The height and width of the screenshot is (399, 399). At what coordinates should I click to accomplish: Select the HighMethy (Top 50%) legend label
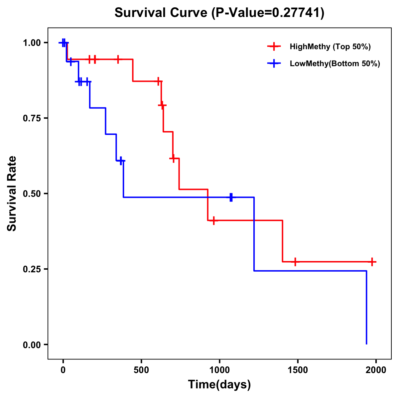[330, 47]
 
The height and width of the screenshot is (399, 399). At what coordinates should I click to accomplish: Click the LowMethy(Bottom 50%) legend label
[334, 64]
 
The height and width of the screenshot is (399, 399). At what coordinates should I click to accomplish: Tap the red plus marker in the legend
[274, 47]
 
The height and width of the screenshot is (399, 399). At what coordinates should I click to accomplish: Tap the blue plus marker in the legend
[274, 64]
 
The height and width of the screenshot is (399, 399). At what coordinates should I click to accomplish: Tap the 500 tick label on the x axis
[141, 370]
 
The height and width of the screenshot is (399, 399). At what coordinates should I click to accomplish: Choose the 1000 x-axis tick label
[219, 370]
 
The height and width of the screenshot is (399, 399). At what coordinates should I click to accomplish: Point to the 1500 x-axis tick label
[298, 370]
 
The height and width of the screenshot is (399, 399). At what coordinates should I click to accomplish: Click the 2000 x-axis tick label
[376, 370]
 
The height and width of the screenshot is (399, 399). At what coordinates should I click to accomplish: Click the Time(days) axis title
[219, 385]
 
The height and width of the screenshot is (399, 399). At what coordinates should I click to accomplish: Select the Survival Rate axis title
[12, 194]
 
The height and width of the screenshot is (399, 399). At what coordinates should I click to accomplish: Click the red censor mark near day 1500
[295, 262]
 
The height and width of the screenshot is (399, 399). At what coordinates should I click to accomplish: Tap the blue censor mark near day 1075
[231, 197]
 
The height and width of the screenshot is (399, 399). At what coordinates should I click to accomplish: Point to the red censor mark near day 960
[213, 220]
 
